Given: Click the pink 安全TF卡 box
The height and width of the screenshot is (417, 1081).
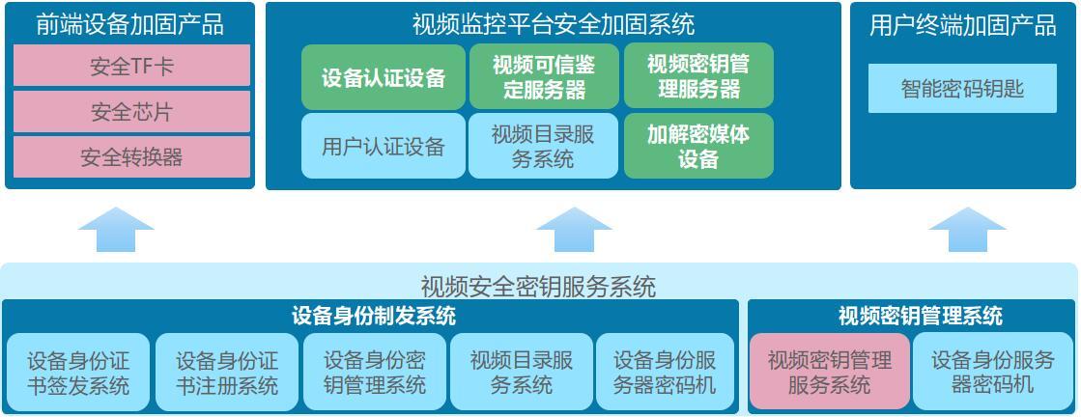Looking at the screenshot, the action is pyautogui.click(x=131, y=66).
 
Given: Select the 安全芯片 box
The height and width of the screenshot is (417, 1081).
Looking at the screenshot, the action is pyautogui.click(x=131, y=112).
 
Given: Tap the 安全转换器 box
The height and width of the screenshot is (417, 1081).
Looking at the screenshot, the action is pyautogui.click(x=131, y=157).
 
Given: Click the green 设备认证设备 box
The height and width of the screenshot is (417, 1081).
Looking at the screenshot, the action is pyautogui.click(x=384, y=77).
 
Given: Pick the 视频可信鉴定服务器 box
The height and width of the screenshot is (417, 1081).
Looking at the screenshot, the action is pyautogui.click(x=544, y=77).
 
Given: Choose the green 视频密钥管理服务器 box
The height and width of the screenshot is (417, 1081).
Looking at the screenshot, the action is pyautogui.click(x=698, y=76).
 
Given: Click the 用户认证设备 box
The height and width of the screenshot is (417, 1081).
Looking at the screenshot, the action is pyautogui.click(x=384, y=146).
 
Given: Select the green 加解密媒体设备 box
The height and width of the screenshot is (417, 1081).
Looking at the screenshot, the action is pyautogui.click(x=698, y=146).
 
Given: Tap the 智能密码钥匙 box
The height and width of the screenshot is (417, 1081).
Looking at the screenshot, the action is pyautogui.click(x=962, y=88).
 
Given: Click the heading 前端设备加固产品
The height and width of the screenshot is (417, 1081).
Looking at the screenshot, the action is pyautogui.click(x=130, y=25).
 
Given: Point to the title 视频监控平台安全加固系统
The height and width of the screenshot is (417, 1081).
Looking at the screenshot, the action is pyautogui.click(x=553, y=25).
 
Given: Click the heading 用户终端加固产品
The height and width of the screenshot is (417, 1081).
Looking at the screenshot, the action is pyautogui.click(x=962, y=25).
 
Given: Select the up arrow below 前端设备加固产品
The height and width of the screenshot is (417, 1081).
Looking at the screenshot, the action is pyautogui.click(x=116, y=230).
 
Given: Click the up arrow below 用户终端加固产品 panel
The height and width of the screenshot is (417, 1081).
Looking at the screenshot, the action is pyautogui.click(x=967, y=230).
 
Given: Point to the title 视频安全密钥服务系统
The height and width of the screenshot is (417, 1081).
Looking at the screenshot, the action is pyautogui.click(x=538, y=286).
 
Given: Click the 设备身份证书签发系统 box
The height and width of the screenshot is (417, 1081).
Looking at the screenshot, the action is pyautogui.click(x=78, y=373).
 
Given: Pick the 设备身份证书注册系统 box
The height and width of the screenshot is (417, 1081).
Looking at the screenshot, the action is pyautogui.click(x=227, y=373).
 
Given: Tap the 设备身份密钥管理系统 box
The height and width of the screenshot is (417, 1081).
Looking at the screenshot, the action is pyautogui.click(x=375, y=373).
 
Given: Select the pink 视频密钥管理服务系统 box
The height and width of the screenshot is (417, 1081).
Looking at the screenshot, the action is pyautogui.click(x=830, y=373).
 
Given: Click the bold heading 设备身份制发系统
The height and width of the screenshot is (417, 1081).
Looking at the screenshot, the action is pyautogui.click(x=374, y=317).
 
